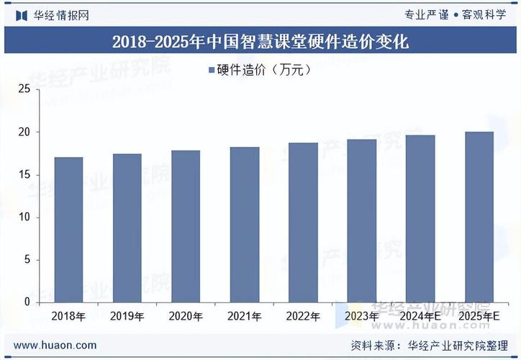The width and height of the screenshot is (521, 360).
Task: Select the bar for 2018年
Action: (x=68, y=230)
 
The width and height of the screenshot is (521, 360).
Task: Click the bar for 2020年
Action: (x=186, y=226)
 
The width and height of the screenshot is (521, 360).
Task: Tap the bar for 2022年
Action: (x=303, y=222)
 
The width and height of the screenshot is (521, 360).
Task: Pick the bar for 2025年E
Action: (x=479, y=217)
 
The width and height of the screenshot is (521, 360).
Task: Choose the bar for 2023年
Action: (x=362, y=220)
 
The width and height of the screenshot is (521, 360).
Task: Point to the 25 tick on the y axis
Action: (x=24, y=89)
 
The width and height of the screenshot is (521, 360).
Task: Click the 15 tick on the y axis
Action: (x=24, y=175)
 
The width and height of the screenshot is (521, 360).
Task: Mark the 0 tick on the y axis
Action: (x=27, y=302)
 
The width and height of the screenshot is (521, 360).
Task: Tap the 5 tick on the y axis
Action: (x=27, y=260)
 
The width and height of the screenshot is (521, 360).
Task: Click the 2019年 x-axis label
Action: (x=127, y=316)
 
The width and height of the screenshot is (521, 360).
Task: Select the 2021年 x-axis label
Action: (x=244, y=316)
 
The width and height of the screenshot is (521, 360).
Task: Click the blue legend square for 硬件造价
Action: (x=211, y=71)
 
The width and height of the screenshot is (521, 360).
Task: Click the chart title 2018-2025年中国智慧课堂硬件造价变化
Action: (x=260, y=42)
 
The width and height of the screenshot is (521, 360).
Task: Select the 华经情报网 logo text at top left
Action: (x=61, y=15)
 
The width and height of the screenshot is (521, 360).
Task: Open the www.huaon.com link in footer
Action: (x=55, y=345)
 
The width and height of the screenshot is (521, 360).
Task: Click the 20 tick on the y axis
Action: (x=24, y=132)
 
